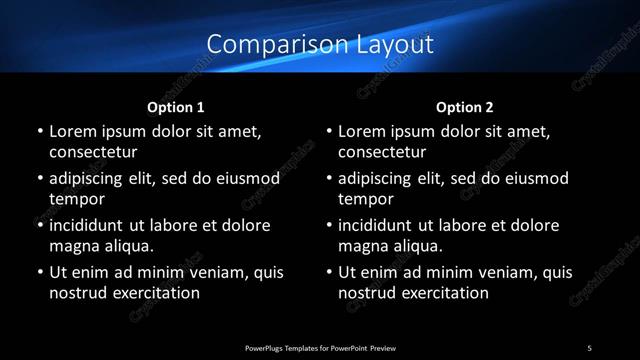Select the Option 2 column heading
(465, 106)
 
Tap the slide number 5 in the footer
(590, 347)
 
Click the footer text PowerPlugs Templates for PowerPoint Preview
(320, 347)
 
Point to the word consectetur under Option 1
(93, 152)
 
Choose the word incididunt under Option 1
(92, 225)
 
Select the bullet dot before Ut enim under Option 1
(38, 272)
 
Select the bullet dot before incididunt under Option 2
(328, 225)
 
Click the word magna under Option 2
(363, 246)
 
